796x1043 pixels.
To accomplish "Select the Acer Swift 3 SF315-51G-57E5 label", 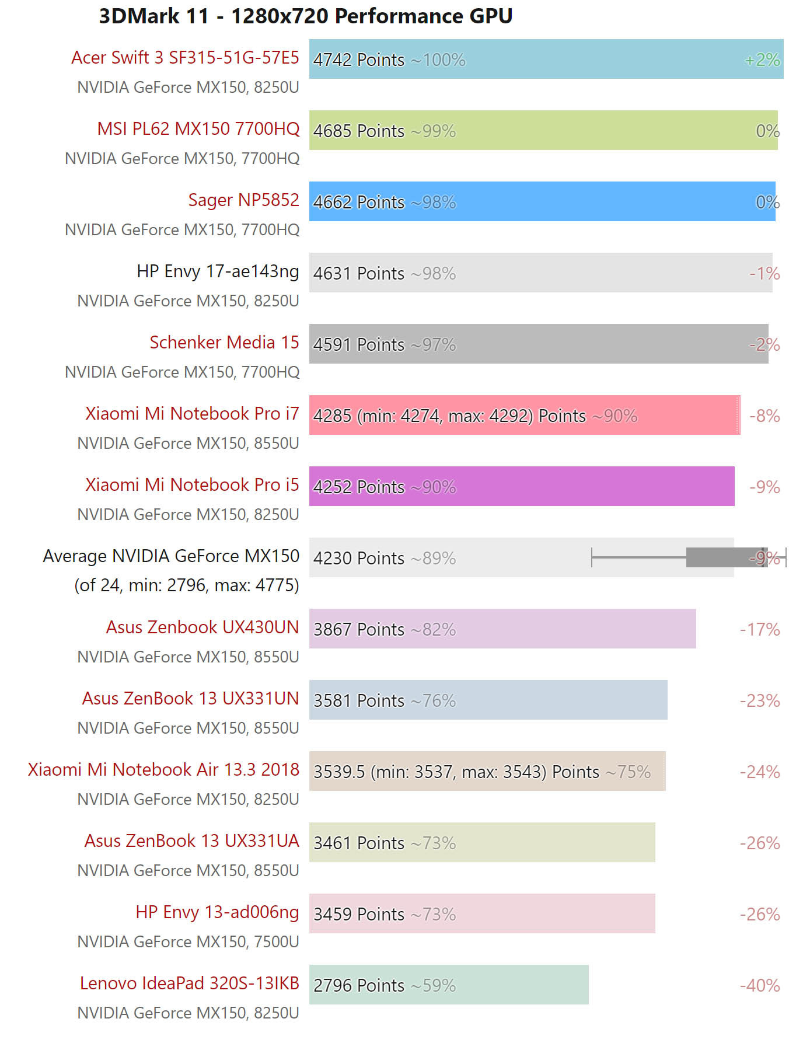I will point(185,58).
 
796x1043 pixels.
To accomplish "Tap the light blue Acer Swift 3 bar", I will point(584,59).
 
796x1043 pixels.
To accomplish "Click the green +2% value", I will point(762,60).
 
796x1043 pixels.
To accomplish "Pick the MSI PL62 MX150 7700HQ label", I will point(198,129).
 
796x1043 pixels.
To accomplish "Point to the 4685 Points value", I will point(358,131).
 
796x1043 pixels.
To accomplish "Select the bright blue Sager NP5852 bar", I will point(584,201).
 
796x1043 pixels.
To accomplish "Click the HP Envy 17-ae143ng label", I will point(218,271).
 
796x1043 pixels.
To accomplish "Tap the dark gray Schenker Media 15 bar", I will point(584,344).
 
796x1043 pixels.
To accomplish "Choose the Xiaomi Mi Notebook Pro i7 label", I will point(192,414).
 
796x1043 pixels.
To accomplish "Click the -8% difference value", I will point(764,416).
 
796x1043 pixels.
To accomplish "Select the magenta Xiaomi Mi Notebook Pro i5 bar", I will point(584,486).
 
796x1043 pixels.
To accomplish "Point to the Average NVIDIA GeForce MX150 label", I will point(171,556).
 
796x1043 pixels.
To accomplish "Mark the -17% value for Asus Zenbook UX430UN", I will point(760,629).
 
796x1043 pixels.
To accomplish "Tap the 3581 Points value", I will point(358,700).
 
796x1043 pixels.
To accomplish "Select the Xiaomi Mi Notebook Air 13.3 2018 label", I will point(163,770).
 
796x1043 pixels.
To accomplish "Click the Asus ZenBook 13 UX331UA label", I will point(191,841).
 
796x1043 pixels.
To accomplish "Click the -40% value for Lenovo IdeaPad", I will point(760,985).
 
